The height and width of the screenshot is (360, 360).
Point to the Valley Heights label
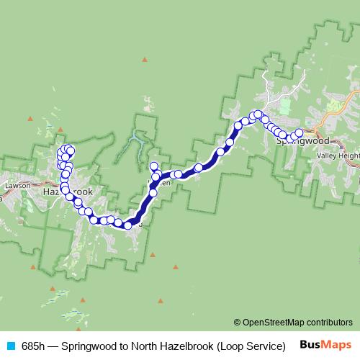pyautogui.click(x=340, y=154)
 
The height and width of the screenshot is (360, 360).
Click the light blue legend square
pyautogui.click(x=10, y=346)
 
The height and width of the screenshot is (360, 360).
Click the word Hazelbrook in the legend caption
pyautogui.click(x=185, y=346)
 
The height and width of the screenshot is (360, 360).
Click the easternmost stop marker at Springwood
pyautogui.click(x=299, y=132)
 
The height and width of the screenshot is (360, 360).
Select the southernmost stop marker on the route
pyautogui.click(x=127, y=225)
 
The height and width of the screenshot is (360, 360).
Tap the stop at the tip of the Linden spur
pyautogui.click(x=153, y=166)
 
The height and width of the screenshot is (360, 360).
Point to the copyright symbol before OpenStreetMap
pyautogui.click(x=237, y=322)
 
